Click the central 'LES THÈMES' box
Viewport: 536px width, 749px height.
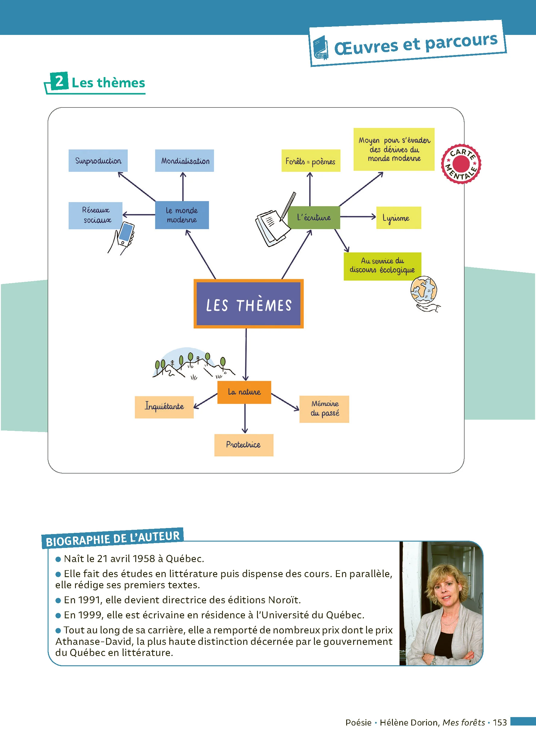[249, 304]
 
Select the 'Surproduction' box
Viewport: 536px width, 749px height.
[98, 161]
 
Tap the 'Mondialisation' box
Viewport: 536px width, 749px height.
[184, 161]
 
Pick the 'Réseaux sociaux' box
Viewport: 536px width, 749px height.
[96, 215]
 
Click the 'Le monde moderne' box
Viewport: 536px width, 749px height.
[182, 215]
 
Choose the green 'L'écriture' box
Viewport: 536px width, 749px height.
[314, 218]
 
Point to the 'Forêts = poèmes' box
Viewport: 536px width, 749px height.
[311, 161]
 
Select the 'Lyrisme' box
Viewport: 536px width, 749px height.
[399, 218]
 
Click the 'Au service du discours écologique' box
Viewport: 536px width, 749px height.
[383, 266]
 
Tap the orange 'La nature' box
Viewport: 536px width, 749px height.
[244, 392]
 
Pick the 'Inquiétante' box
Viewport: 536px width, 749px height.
[164, 407]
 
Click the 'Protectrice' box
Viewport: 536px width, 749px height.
[244, 445]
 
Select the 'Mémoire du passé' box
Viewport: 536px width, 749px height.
[324, 409]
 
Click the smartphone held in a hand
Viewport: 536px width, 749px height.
[125, 234]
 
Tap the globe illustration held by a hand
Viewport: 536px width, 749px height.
[424, 290]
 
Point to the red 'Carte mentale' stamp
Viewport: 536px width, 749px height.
[461, 164]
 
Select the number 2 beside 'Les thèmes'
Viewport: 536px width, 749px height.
[59, 81]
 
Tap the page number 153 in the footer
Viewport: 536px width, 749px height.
[500, 722]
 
